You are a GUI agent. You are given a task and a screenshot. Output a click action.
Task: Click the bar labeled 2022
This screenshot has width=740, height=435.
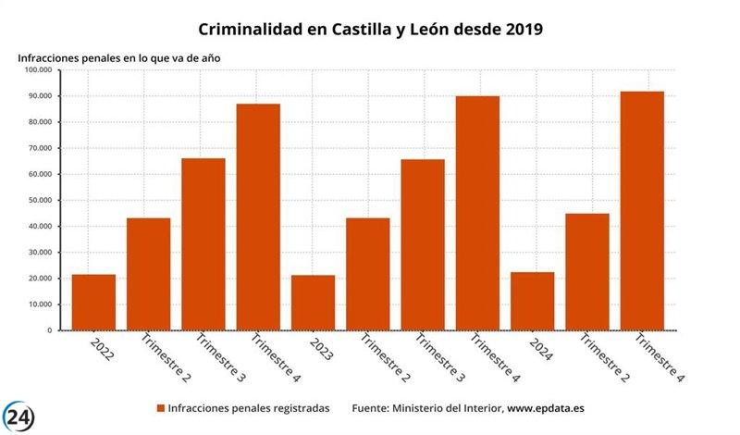[x=93, y=303]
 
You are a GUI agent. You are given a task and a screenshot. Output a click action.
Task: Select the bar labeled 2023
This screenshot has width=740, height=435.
[x=313, y=303]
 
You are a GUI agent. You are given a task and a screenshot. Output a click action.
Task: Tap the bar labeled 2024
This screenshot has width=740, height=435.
[x=532, y=301]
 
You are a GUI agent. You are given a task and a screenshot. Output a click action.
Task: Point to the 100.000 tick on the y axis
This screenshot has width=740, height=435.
[x=35, y=70]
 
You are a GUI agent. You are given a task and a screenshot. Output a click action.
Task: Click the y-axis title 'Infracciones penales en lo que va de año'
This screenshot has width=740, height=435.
[x=118, y=57]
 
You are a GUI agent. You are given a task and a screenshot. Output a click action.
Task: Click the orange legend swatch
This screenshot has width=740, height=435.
[x=160, y=408]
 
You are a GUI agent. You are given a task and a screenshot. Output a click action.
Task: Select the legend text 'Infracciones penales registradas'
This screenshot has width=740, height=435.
[x=248, y=408]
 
